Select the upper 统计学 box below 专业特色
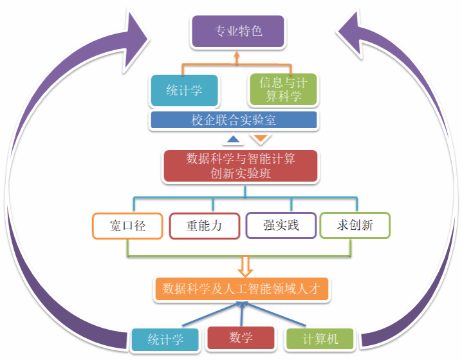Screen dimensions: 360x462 click(184, 90)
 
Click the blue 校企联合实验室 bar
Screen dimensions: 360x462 click(233, 120)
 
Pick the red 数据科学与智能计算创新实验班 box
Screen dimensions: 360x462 click(240, 166)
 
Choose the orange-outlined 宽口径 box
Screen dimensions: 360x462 click(127, 225)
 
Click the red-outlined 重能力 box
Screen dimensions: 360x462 click(204, 225)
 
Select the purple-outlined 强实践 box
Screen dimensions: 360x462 click(281, 225)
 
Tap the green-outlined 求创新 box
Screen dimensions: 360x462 click(355, 225)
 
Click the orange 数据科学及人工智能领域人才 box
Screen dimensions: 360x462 click(241, 289)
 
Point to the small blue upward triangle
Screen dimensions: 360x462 click(233, 139)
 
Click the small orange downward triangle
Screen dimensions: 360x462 click(259, 138)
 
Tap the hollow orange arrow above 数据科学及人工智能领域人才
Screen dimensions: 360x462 click(244, 265)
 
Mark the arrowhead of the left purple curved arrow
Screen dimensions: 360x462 click(140, 29)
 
